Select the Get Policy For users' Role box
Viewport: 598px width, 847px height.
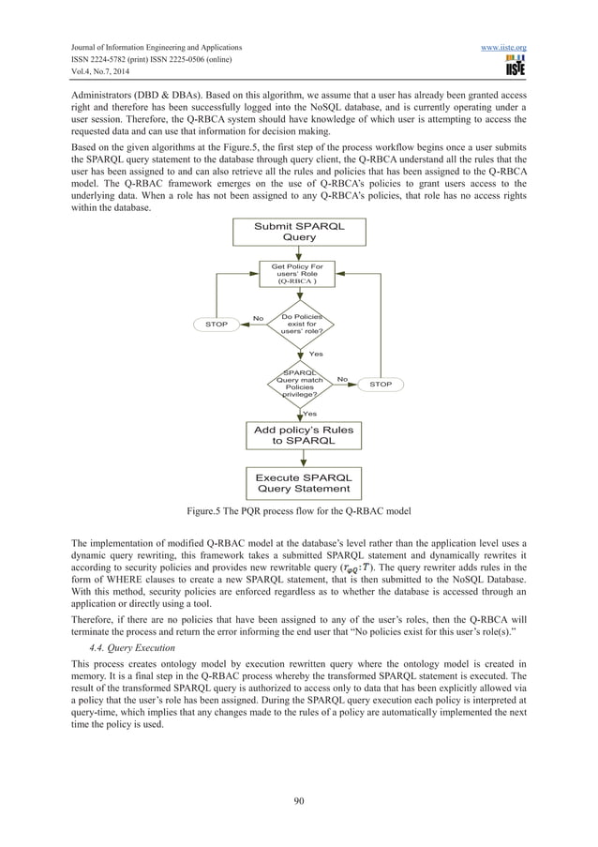click(299, 273)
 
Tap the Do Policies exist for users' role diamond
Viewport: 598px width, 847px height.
click(299, 324)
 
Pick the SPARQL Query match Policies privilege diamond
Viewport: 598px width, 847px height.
click(299, 385)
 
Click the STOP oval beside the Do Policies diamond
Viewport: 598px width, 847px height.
click(216, 325)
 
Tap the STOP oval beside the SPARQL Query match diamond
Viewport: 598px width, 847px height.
click(381, 385)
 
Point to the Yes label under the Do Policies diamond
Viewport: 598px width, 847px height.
click(316, 354)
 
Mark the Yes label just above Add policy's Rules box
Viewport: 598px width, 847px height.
click(308, 413)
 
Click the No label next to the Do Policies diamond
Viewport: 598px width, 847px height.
click(257, 319)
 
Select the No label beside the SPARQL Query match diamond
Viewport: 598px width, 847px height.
click(342, 379)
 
